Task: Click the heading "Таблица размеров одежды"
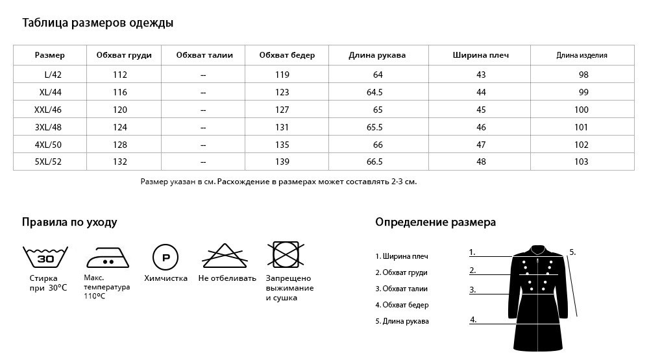coord(97,23)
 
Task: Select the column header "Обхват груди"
coord(124,55)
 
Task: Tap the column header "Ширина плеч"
coord(480,55)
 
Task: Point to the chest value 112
coord(120,75)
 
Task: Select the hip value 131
coord(282,127)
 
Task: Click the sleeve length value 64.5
coord(374,93)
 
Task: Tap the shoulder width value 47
coord(481,145)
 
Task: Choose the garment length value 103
coord(582,162)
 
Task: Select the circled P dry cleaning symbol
coord(165,258)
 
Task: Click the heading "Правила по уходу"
coord(69,222)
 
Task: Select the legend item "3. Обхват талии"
coord(402,289)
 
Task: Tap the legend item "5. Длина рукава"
coord(402,321)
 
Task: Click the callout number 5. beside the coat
coord(572,252)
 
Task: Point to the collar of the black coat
coord(538,250)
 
